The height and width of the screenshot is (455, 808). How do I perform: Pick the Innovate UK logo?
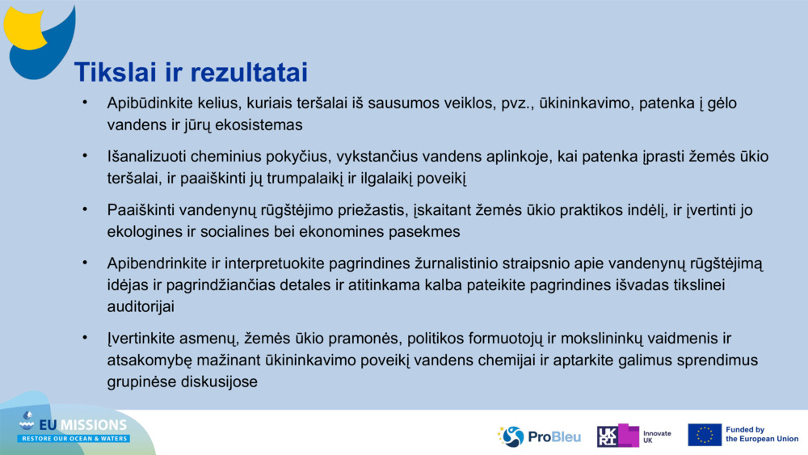coord(633,436)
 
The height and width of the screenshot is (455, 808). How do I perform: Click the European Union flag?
coord(704,435)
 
